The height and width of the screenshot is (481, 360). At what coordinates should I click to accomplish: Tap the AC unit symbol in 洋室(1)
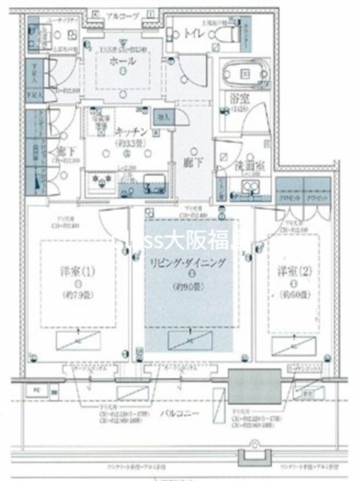76,339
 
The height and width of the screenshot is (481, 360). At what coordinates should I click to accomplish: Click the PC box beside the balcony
35,389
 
